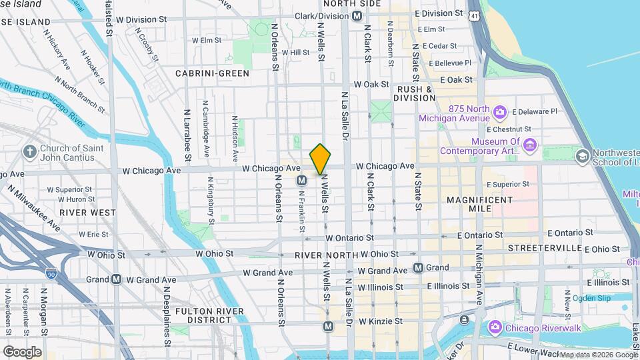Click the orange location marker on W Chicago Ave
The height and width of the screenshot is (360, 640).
tap(320, 159)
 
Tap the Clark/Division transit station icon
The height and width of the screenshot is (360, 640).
tap(357, 15)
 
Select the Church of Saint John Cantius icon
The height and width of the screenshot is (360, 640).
tap(29, 152)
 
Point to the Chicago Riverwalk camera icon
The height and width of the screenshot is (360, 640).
tap(495, 326)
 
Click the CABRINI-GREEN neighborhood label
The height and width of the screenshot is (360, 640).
tap(212, 73)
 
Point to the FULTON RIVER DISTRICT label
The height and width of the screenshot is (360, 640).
tap(203, 315)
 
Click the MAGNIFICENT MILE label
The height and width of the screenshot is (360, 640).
tap(479, 204)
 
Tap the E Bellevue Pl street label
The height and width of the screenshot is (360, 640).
tap(450, 63)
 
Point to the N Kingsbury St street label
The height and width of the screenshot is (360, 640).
tap(211, 197)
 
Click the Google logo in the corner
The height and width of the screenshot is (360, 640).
tap(22, 351)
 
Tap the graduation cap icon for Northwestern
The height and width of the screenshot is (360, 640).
tap(582, 156)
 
